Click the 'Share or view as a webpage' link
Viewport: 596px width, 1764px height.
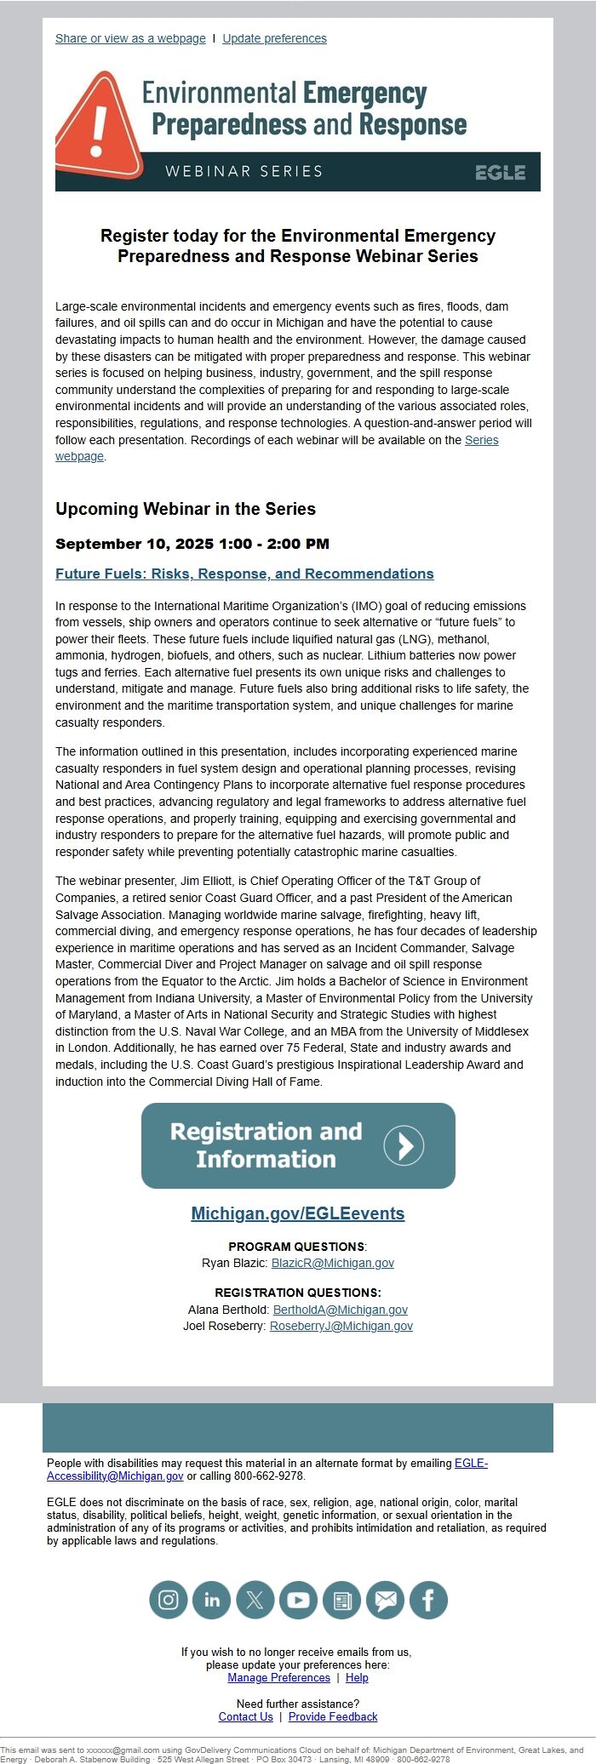click(130, 38)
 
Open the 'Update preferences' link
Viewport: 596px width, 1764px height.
click(274, 38)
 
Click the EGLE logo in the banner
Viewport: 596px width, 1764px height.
click(500, 173)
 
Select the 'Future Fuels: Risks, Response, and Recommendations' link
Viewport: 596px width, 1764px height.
click(244, 574)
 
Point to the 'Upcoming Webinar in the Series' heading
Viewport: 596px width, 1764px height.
click(186, 509)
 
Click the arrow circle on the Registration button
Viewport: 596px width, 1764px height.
click(404, 1145)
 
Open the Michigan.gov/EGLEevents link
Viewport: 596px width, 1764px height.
click(298, 1213)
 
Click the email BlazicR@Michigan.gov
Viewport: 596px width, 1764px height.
click(333, 1263)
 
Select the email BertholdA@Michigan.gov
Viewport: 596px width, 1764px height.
click(341, 1310)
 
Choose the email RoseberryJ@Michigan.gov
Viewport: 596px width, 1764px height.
click(341, 1326)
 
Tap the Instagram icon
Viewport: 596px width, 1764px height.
click(169, 1600)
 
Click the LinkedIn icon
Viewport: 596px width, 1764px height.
click(212, 1600)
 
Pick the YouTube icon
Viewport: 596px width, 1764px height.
click(298, 1600)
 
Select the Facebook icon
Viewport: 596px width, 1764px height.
click(428, 1600)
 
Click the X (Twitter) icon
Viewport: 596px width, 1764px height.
click(255, 1600)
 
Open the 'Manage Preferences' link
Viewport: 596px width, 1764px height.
click(278, 1677)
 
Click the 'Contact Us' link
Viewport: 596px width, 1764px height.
click(246, 1716)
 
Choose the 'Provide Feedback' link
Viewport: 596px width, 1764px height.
click(333, 1716)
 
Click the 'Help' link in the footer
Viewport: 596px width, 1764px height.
click(357, 1677)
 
